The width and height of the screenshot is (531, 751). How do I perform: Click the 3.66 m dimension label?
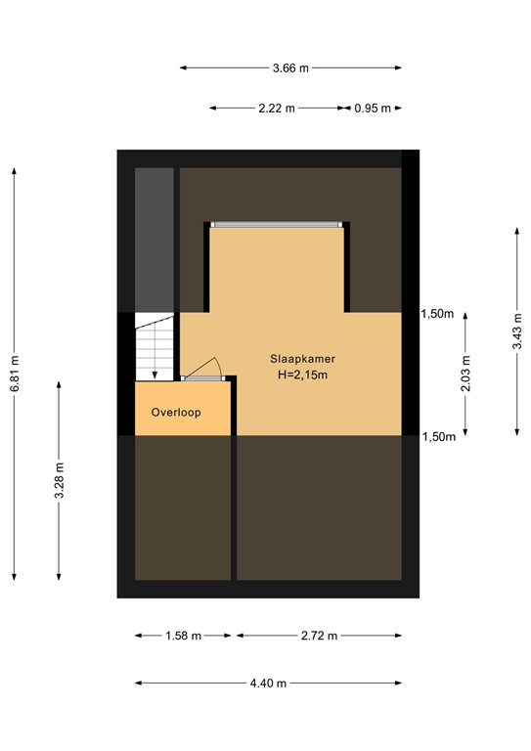290,68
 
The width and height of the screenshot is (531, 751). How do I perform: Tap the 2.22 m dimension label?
277,110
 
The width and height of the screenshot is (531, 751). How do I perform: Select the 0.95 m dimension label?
373,110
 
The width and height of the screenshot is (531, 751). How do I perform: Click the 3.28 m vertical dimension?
60,478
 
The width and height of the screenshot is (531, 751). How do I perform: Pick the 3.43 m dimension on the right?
516,331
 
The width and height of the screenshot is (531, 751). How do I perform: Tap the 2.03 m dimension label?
465,374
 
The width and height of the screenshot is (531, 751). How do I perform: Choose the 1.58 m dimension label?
183,636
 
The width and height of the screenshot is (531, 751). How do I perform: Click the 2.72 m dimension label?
319,636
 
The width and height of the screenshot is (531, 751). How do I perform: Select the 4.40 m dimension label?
268,683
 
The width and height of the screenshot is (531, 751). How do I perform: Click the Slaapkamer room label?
303,359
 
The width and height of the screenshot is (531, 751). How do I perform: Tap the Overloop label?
176,413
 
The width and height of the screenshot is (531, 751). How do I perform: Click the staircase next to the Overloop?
155,346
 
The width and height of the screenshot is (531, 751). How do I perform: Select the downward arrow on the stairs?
155,372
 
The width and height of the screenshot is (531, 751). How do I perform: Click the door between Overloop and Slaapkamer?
204,375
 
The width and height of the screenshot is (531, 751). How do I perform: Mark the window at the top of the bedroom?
277,225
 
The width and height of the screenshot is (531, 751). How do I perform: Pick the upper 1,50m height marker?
437,314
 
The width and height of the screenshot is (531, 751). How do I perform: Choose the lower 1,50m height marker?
437,437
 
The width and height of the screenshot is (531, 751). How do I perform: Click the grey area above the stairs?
154,239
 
